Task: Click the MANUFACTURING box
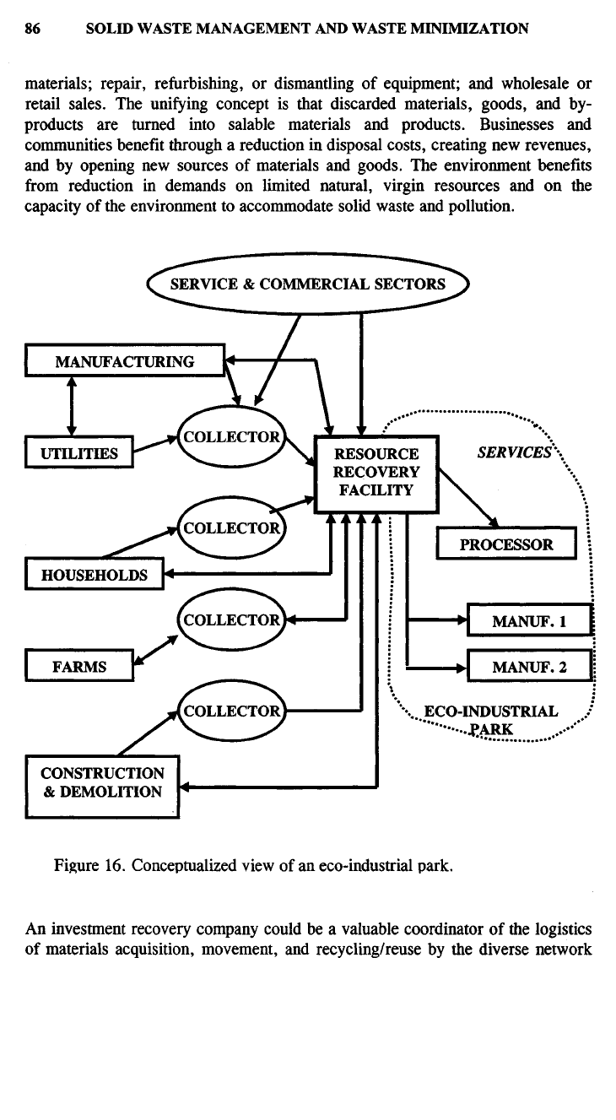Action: point(125,362)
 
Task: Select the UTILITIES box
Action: point(79,454)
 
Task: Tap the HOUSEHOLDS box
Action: point(94,575)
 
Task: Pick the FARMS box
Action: point(79,665)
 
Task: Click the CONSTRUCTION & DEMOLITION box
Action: point(102,782)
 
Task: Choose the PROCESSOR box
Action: point(505,544)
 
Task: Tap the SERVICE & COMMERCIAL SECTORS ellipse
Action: point(307,284)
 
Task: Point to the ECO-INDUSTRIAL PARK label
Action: point(490,719)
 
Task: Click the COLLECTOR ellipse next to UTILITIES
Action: point(230,437)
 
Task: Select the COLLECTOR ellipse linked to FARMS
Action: point(230,619)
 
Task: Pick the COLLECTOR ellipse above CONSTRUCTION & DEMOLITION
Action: point(230,710)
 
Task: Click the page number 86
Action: point(33,29)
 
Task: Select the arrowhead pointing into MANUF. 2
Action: point(460,668)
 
